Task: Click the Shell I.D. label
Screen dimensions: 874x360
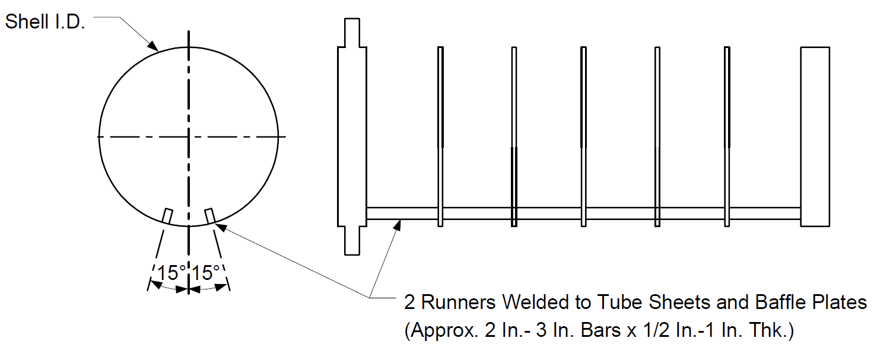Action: click(45, 22)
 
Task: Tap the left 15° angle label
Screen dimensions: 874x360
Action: click(171, 273)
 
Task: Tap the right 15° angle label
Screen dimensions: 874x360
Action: click(206, 273)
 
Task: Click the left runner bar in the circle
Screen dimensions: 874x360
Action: click(167, 216)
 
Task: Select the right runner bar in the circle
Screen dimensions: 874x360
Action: click(210, 216)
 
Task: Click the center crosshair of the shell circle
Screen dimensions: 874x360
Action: click(189, 136)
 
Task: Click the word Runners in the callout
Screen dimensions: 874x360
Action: click(459, 302)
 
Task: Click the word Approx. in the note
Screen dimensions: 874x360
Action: click(441, 330)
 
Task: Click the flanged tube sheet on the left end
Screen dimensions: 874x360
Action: click(352, 136)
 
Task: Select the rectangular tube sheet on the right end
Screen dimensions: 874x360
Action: click(815, 136)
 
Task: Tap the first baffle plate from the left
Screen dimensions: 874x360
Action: click(440, 136)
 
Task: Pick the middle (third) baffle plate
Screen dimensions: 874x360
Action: click(584, 136)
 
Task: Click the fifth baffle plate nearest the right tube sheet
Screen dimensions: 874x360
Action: click(727, 136)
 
